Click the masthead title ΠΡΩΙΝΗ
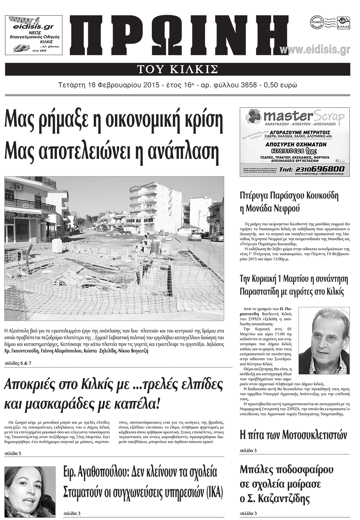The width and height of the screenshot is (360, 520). pyautogui.click(x=179, y=37)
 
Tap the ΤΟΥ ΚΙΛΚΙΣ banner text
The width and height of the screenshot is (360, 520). pyautogui.click(x=178, y=69)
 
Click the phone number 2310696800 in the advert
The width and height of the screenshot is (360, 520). pyautogui.click(x=320, y=169)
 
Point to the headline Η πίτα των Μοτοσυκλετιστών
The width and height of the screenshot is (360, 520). pyautogui.click(x=293, y=435)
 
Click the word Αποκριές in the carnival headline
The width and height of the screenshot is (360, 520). pyautogui.click(x=30, y=385)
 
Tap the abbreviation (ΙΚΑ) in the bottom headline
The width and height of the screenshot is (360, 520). pyautogui.click(x=213, y=492)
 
